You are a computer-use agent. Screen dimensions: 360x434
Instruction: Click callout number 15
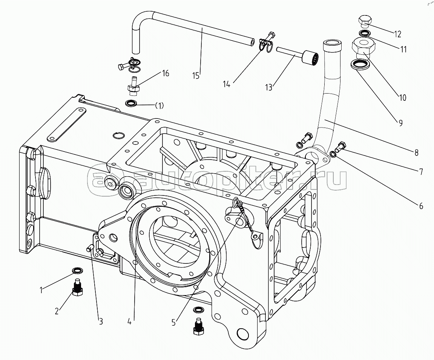tap(196, 75)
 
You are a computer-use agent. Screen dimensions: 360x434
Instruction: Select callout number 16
tap(166, 73)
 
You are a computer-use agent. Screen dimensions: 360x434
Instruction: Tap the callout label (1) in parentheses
tap(159, 106)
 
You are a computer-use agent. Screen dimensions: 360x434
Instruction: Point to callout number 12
tap(398, 34)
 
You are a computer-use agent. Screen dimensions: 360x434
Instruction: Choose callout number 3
tap(101, 322)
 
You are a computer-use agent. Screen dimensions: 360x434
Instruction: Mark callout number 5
tap(173, 322)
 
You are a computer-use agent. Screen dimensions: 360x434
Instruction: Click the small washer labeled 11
tap(364, 34)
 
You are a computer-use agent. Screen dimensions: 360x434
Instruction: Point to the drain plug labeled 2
tap(77, 288)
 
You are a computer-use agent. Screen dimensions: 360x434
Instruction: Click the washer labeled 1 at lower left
tap(78, 271)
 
